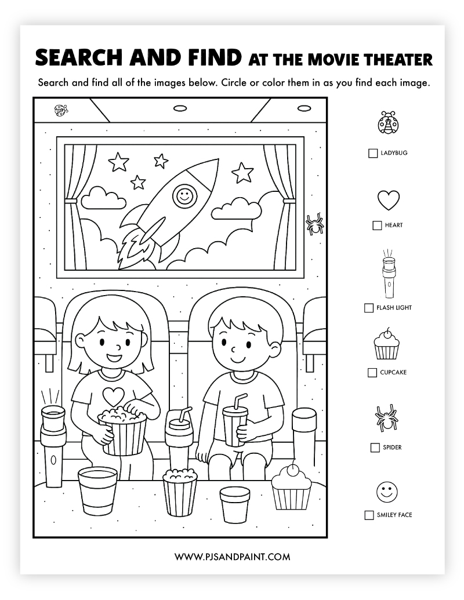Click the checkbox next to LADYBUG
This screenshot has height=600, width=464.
(373, 153)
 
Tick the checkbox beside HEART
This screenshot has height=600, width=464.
(377, 225)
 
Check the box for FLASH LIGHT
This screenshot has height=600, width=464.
(369, 308)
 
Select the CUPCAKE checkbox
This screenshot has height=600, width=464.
(372, 372)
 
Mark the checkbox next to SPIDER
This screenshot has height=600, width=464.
(375, 448)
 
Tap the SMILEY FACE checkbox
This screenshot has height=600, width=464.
(369, 515)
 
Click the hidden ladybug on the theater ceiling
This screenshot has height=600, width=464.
(61, 110)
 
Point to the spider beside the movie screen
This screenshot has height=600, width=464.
(315, 224)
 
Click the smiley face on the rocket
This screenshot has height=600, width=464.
(184, 197)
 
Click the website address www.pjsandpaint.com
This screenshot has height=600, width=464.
(233, 557)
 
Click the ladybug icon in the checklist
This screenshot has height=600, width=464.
(388, 122)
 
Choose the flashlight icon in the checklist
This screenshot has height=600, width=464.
(389, 274)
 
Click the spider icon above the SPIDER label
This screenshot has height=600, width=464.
(386, 418)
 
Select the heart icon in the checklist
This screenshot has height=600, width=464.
(389, 200)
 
